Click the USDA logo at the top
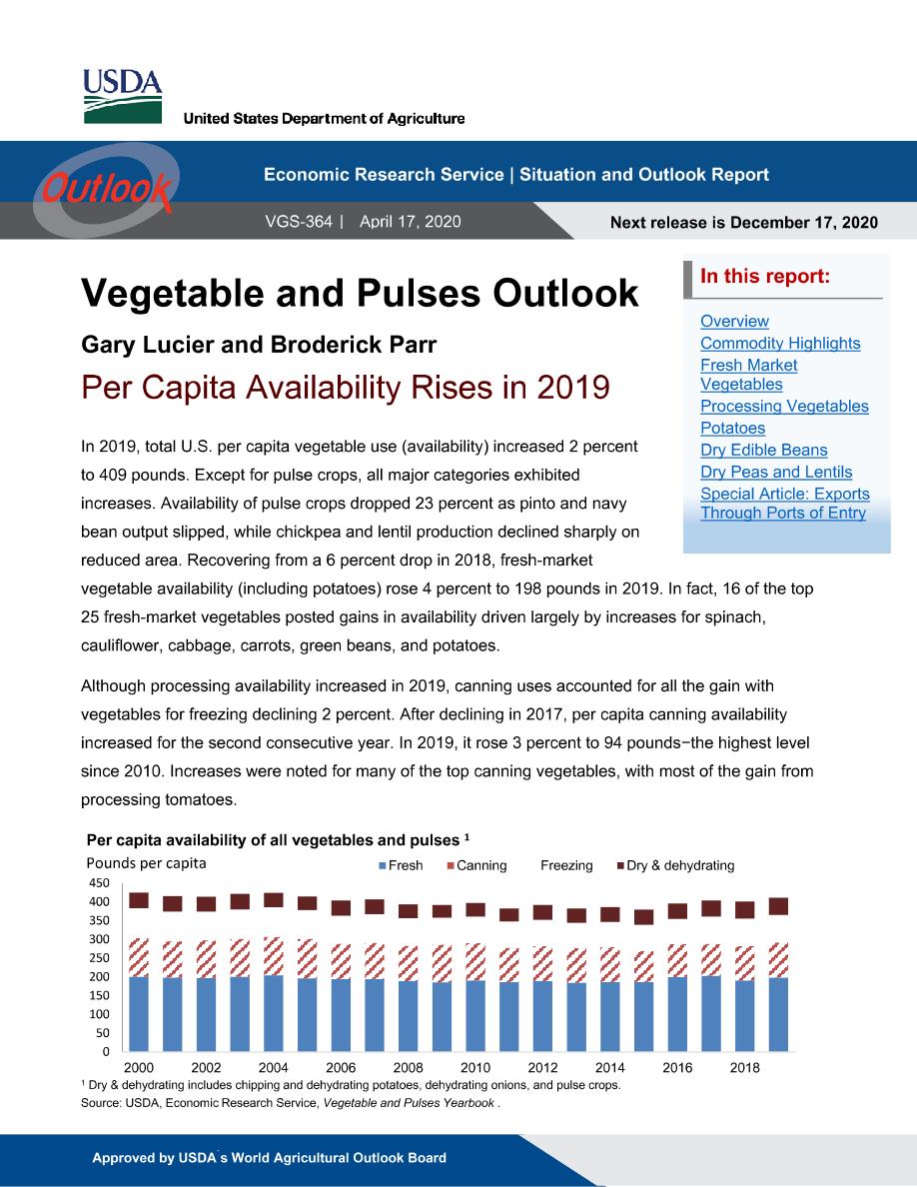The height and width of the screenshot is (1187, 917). [x=122, y=96]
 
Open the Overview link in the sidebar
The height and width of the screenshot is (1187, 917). [x=734, y=321]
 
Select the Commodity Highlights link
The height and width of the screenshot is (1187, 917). [x=780, y=343]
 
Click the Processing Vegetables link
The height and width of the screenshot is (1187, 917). [x=784, y=406]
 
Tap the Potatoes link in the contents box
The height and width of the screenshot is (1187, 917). [x=732, y=428]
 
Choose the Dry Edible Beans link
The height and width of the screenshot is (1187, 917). [x=763, y=450]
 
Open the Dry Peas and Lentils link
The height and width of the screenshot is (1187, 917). [x=775, y=472]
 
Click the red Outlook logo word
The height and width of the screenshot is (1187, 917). [x=107, y=187]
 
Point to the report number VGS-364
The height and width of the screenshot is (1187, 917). [x=298, y=221]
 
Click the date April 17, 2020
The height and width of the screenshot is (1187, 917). [x=411, y=221]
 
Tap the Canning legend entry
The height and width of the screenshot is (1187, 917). [x=476, y=865]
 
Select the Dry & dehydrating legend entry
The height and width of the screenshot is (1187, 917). [x=675, y=865]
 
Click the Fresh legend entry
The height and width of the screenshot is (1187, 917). [x=401, y=865]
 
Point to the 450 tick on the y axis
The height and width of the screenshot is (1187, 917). [x=99, y=882]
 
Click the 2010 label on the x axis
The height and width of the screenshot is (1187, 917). [x=475, y=1067]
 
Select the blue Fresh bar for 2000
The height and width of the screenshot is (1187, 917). [x=139, y=1013]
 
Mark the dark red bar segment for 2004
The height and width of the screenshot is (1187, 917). [x=273, y=900]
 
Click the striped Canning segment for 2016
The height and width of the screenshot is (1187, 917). [x=677, y=960]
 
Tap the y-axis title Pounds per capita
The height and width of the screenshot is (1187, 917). [x=146, y=863]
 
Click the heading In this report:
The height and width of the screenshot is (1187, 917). [x=765, y=277]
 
